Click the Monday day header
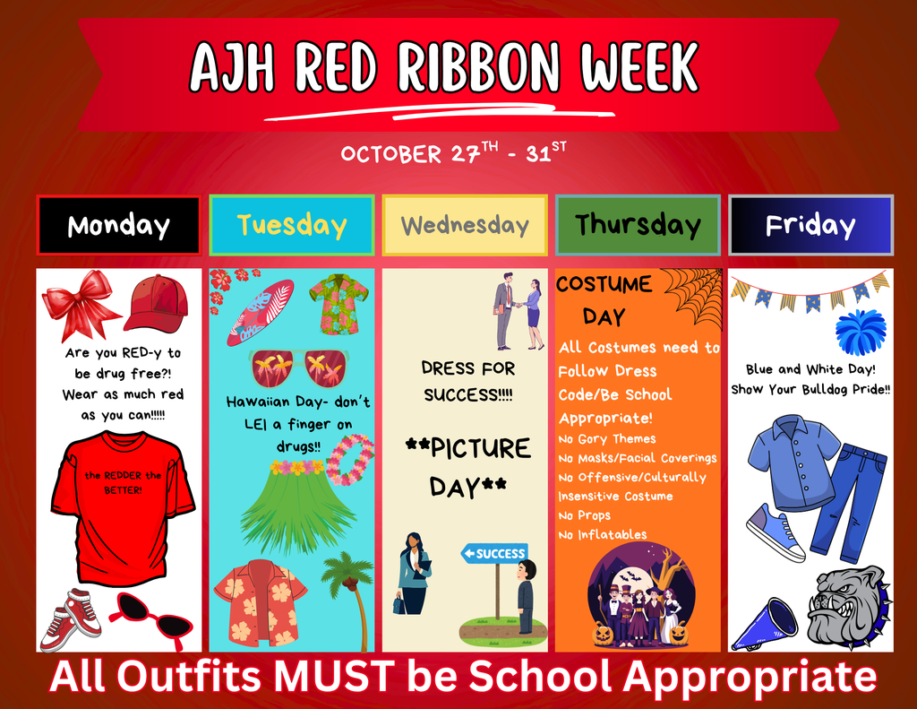(118, 226)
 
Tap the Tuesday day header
(292, 226)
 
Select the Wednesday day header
(465, 226)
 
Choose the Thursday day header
(638, 226)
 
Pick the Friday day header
(810, 226)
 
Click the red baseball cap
(157, 303)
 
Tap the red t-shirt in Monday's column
(122, 506)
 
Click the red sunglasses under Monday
(150, 617)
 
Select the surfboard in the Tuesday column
(260, 313)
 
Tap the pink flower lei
(350, 459)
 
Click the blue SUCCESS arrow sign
(494, 553)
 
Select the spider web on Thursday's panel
(695, 295)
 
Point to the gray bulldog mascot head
(845, 606)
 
